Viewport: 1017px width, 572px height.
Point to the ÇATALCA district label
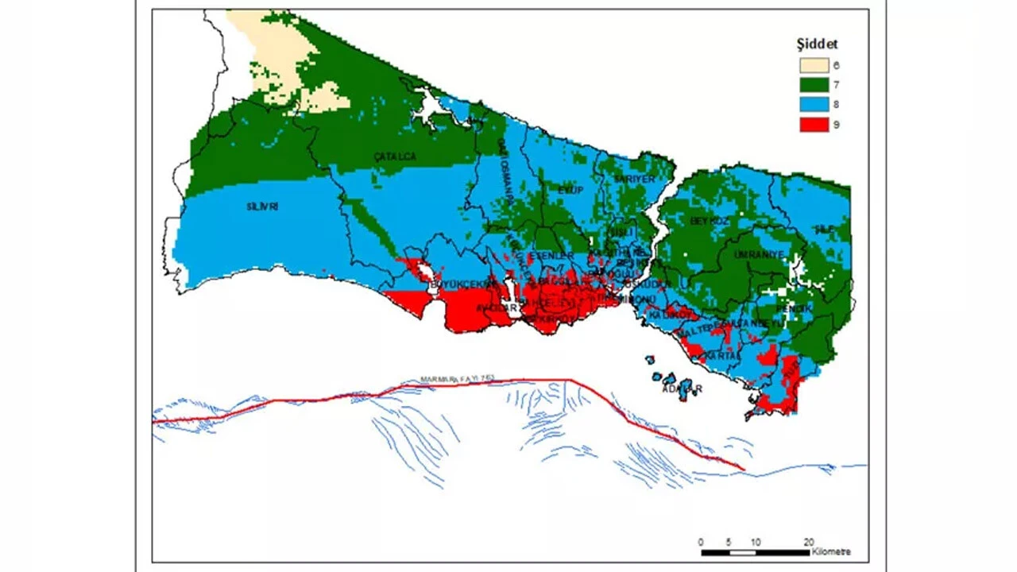point(395,157)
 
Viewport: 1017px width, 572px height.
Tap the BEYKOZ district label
point(710,220)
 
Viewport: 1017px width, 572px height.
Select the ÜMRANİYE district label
point(763,254)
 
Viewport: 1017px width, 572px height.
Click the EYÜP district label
point(570,190)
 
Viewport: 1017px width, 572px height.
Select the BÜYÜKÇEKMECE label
point(458,284)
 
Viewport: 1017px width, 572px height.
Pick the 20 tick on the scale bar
point(809,542)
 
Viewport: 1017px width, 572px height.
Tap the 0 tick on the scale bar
point(701,542)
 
